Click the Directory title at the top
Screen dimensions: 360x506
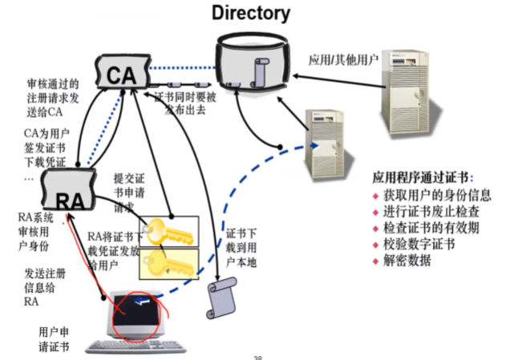pos(251,13)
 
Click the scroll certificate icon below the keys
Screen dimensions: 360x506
pos(223,297)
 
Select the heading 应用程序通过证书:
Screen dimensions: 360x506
pos(423,177)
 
